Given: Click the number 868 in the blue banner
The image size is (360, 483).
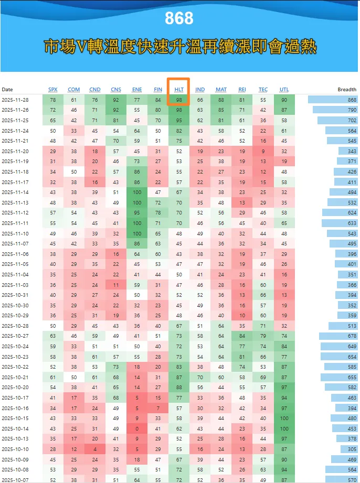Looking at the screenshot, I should pyautogui.click(x=179, y=18).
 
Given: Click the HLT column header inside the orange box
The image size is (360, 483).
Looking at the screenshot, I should pyautogui.click(x=179, y=90).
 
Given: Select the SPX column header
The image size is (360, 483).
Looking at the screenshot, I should pyautogui.click(x=52, y=90).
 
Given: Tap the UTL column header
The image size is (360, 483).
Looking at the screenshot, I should pyautogui.click(x=284, y=90).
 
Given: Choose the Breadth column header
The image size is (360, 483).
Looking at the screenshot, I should pyautogui.click(x=347, y=90).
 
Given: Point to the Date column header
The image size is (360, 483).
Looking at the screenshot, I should pyautogui.click(x=7, y=90).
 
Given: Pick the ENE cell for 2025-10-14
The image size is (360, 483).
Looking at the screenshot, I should pyautogui.click(x=137, y=428).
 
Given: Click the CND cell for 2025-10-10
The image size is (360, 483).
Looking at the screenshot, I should pyautogui.click(x=95, y=449).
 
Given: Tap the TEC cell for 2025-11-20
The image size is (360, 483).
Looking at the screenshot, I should pyautogui.click(x=263, y=151).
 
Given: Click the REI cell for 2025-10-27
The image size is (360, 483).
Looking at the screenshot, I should pyautogui.click(x=242, y=336).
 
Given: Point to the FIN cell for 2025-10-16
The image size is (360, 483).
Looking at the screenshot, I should pyautogui.click(x=158, y=408).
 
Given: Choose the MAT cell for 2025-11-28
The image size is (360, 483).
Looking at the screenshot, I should pyautogui.click(x=221, y=100).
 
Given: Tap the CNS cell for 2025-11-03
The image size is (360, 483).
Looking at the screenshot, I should pyautogui.click(x=116, y=285).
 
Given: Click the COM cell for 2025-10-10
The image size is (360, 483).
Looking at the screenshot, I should pyautogui.click(x=74, y=449).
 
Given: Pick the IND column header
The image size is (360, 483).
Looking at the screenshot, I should pyautogui.click(x=200, y=90).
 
